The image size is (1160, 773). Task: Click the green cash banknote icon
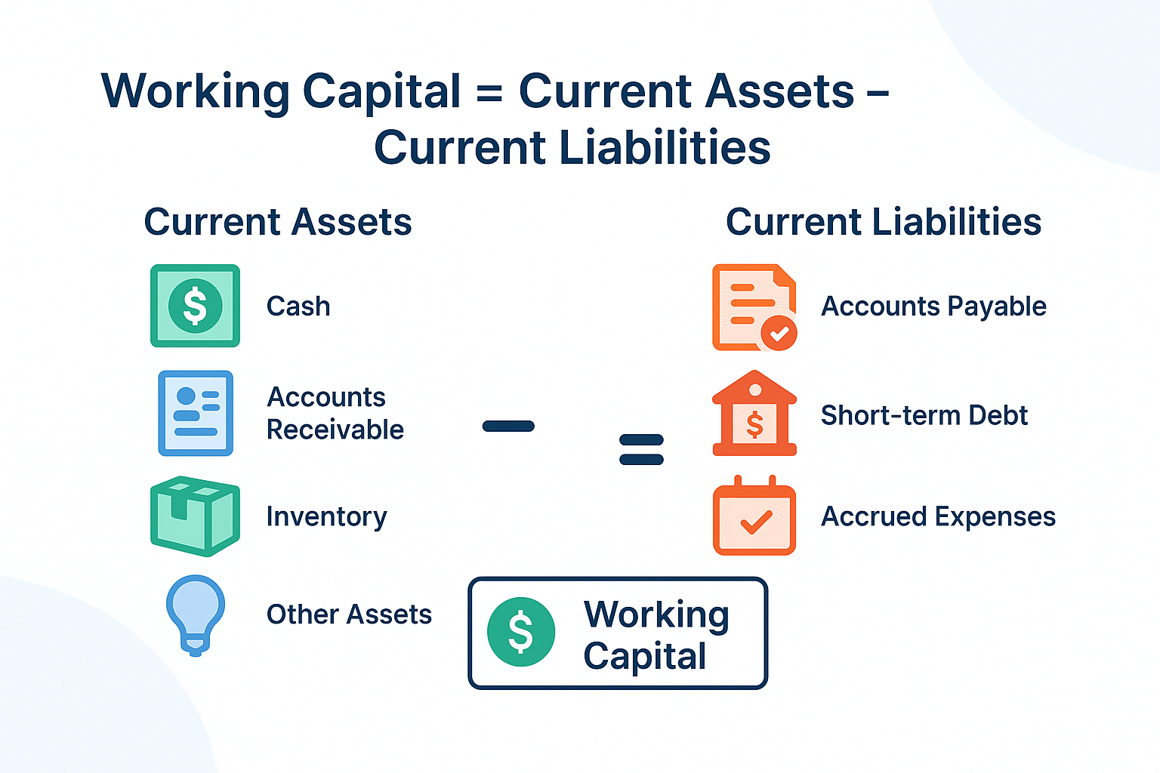(195, 306)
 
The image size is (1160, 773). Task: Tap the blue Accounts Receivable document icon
(196, 413)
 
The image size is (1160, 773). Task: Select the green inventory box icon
(195, 516)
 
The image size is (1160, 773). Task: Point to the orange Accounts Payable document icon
(752, 306)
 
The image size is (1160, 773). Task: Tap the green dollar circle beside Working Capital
(521, 632)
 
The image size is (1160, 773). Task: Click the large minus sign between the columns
(508, 427)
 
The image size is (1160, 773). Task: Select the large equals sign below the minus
(641, 449)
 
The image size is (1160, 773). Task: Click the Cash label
(298, 306)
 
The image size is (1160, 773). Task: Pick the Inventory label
(326, 517)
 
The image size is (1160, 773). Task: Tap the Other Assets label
(349, 614)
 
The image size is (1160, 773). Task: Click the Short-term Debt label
(924, 415)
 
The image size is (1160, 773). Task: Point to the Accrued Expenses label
(938, 517)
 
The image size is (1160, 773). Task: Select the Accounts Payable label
(933, 306)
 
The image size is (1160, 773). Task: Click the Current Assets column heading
(278, 222)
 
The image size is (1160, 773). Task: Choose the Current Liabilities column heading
(884, 222)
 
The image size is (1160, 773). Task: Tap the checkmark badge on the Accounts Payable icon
(779, 332)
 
